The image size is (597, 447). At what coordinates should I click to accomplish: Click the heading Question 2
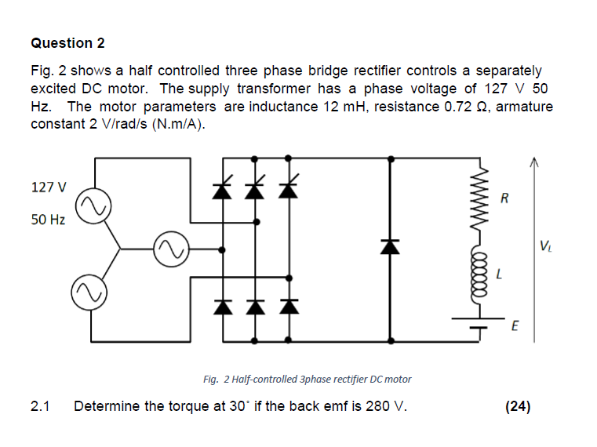(x=67, y=42)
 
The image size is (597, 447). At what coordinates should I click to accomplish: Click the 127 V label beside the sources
(x=48, y=187)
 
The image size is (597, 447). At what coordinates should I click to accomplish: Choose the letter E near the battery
(x=514, y=325)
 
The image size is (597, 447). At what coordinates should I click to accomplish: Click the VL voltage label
(x=545, y=250)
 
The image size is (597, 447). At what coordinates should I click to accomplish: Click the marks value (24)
(x=519, y=406)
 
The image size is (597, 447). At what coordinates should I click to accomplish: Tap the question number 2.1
(x=40, y=406)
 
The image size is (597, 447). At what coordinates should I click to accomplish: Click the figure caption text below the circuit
(x=307, y=379)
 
